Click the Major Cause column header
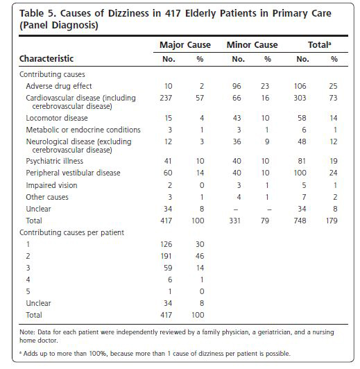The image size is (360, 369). click(185, 44)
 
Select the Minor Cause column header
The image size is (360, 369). click(252, 44)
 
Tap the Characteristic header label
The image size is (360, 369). click(46, 58)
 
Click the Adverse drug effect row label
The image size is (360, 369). click(59, 86)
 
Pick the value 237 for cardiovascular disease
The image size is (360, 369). click(166, 98)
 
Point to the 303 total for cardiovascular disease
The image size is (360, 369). click(300, 98)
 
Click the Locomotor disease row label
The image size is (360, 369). click(57, 118)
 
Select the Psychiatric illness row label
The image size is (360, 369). click(55, 161)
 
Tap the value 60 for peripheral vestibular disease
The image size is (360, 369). click(168, 173)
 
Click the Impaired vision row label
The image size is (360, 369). click(51, 185)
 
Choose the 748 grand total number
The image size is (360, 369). click(300, 221)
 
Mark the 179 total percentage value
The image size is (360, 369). click(332, 221)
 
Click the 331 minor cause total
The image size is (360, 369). click(234, 221)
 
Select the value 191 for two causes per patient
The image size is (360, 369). click(166, 256)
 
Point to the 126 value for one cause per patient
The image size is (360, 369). click(166, 244)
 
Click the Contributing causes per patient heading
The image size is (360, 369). click(71, 232)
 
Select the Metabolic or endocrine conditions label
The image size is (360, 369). click(83, 130)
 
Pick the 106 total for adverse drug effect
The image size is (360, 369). click(300, 86)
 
